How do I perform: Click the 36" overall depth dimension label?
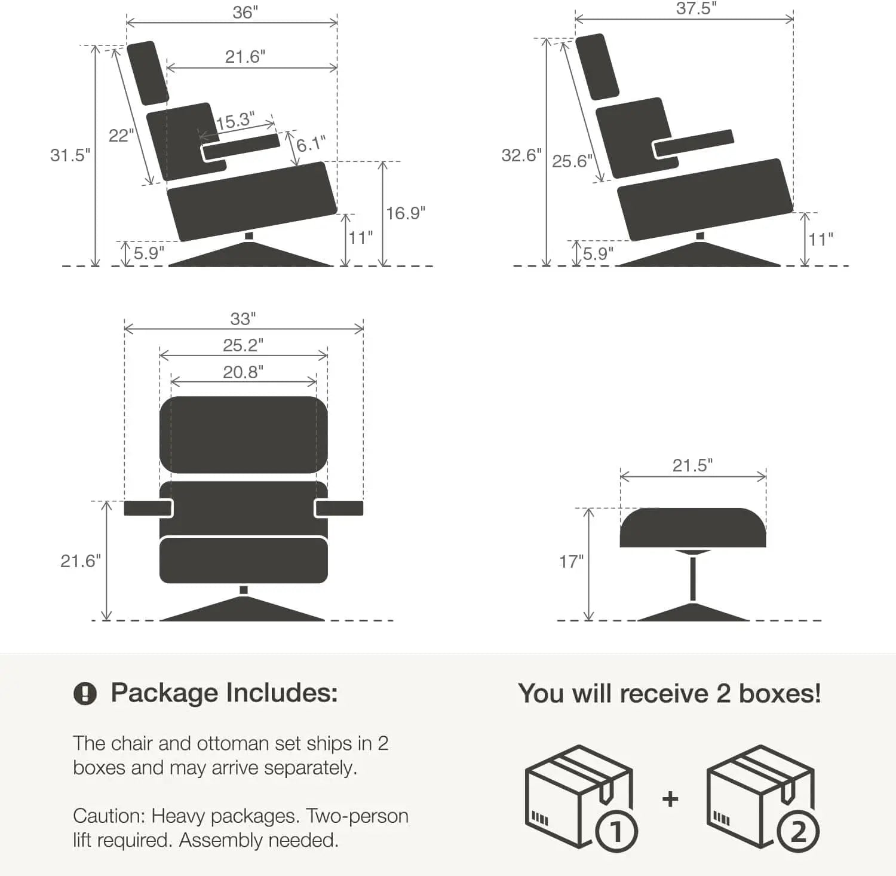pos(245,12)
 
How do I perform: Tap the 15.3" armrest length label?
pos(235,121)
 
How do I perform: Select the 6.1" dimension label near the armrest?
pos(311,144)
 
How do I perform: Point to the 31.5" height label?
pos(70,155)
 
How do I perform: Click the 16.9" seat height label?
pos(406,213)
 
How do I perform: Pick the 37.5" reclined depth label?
pos(696,9)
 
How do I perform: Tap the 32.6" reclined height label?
pos(521,155)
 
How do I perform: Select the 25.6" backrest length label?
pos(572,161)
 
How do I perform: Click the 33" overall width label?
pos(243,318)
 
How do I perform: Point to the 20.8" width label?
pos(243,372)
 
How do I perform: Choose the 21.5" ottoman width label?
pos(692,465)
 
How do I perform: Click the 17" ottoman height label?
pos(571,562)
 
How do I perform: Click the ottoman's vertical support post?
pos(693,578)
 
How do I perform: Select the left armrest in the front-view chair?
pos(148,508)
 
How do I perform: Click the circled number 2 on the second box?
pos(798,832)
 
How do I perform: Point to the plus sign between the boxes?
pos(670,799)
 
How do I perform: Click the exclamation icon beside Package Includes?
pos(85,694)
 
